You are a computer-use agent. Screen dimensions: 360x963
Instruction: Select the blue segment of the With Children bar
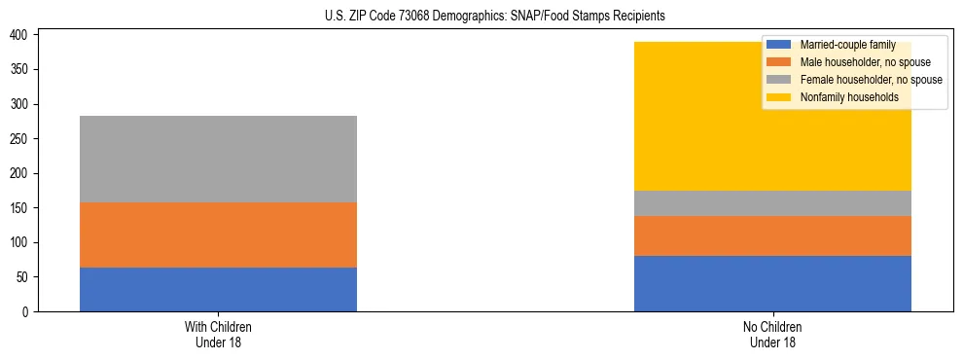218,289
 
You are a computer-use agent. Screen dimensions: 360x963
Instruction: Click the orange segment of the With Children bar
218,234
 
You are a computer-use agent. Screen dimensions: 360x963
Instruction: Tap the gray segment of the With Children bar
218,159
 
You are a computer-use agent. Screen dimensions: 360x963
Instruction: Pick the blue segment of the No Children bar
772,283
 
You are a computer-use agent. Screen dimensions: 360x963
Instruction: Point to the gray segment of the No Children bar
772,203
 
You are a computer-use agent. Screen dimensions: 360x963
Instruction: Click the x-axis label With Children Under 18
218,334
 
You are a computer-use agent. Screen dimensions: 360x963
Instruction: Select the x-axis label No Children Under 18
772,334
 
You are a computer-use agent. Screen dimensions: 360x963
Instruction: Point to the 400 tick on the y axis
24,35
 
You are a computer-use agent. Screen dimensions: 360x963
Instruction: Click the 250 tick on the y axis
24,139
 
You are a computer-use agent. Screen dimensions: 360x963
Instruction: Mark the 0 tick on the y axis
30,311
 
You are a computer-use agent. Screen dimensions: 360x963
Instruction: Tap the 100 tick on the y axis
24,242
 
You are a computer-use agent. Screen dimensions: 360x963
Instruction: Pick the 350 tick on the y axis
24,70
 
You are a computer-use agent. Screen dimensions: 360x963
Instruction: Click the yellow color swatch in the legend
779,97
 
